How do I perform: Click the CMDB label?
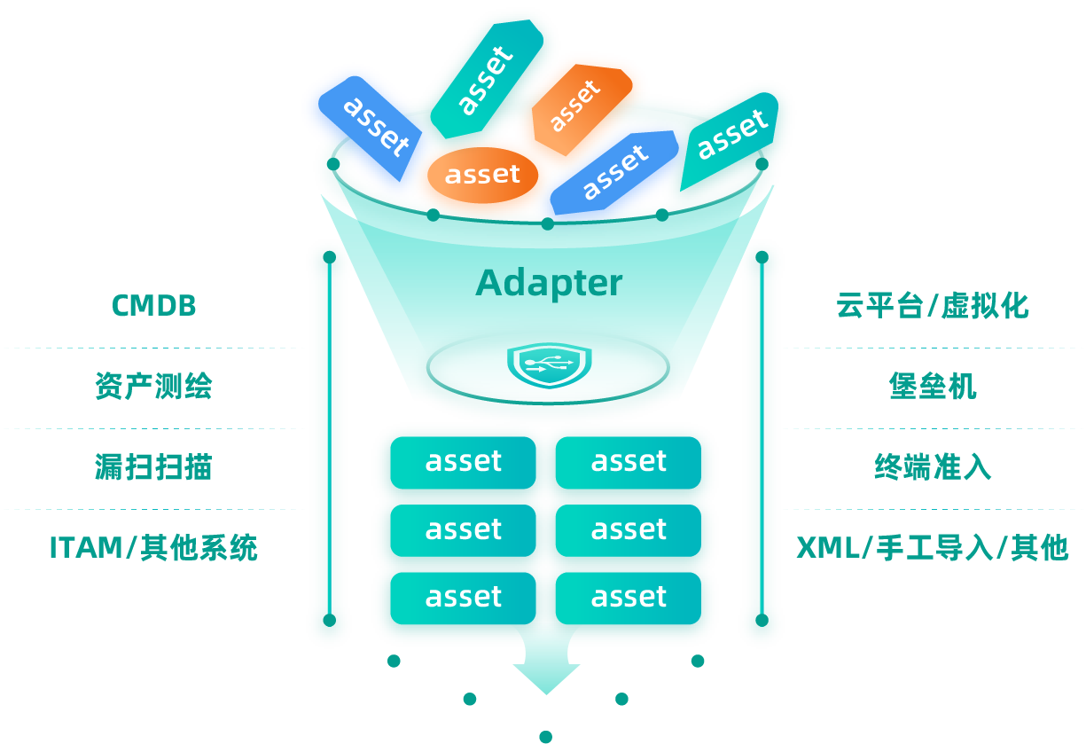pyautogui.click(x=153, y=306)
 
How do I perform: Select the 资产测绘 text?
pyautogui.click(x=153, y=387)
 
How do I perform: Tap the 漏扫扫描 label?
pyautogui.click(x=153, y=467)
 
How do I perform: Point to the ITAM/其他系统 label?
pyautogui.click(x=153, y=548)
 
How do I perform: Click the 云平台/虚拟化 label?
pyautogui.click(x=932, y=306)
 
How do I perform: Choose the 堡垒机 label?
pyautogui.click(x=932, y=387)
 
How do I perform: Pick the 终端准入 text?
pyautogui.click(x=932, y=467)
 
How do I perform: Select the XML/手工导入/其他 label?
pyautogui.click(x=932, y=548)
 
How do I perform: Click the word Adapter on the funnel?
pyautogui.click(x=549, y=283)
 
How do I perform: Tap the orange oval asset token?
pyautogui.click(x=482, y=175)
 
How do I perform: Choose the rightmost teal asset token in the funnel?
pyautogui.click(x=732, y=134)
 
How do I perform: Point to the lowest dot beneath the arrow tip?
pyautogui.click(x=545, y=736)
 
